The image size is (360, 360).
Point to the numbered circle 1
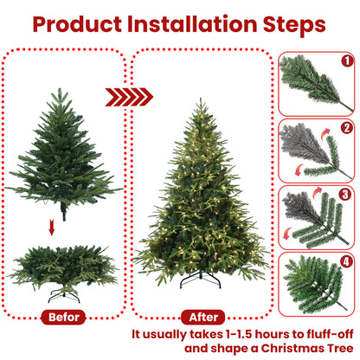(347, 61)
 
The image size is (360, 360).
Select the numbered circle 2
(347, 127)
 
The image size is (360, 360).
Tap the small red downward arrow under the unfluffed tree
(52, 228)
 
